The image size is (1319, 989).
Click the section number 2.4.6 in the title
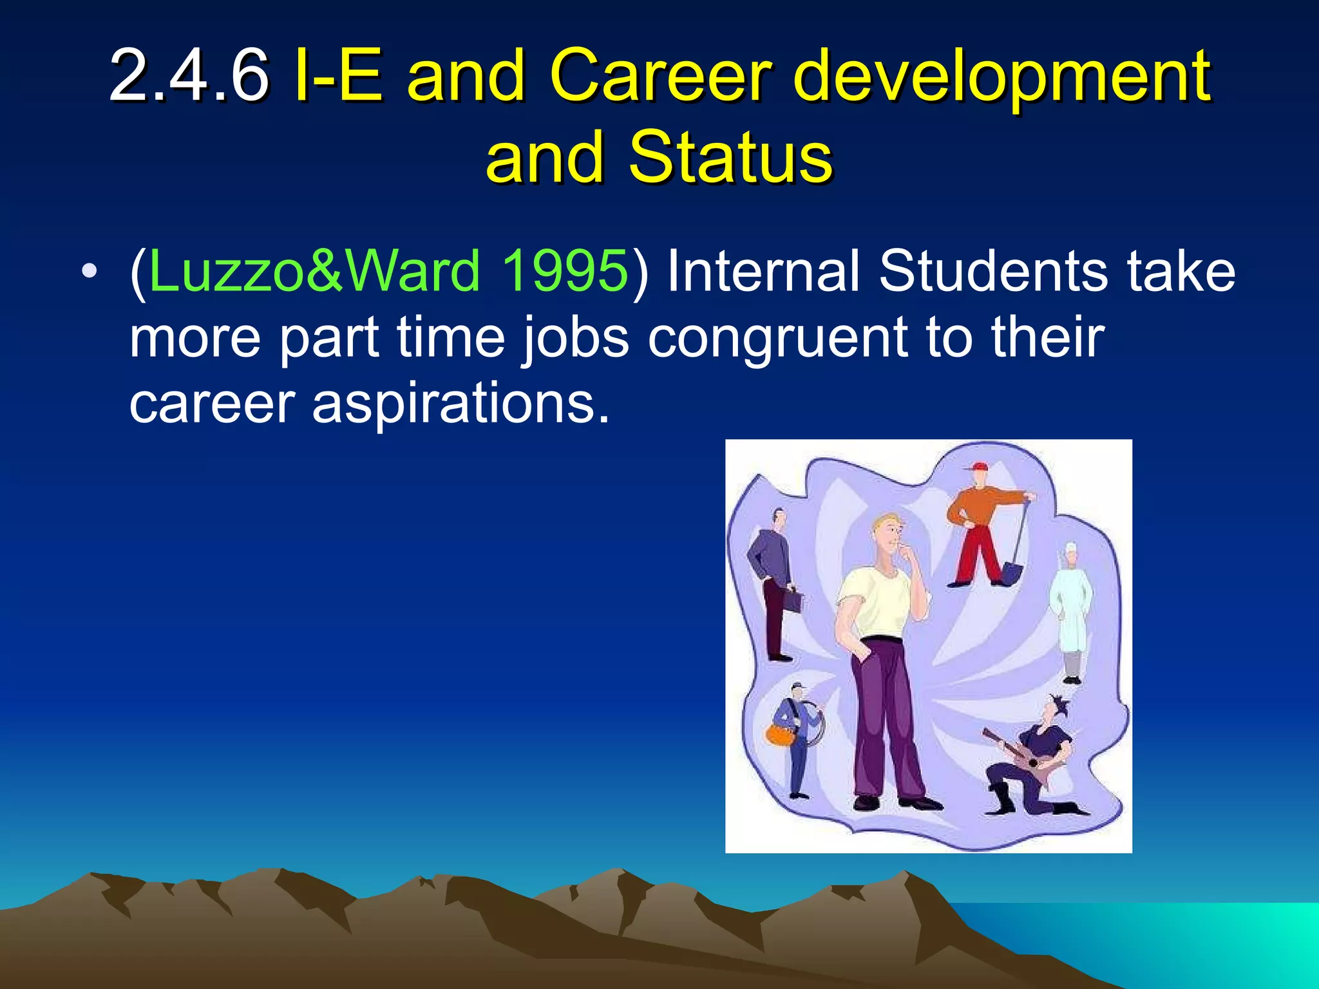coord(188,76)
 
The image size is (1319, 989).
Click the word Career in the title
coord(660,76)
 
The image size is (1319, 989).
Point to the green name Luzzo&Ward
coord(314,270)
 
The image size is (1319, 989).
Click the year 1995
coord(564,270)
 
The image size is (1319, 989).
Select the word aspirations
coord(460,404)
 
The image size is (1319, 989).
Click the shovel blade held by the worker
coord(1011,573)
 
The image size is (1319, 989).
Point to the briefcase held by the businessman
coord(792,602)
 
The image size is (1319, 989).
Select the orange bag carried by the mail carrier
coord(778,735)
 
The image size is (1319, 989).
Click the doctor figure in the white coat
coord(1070,612)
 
